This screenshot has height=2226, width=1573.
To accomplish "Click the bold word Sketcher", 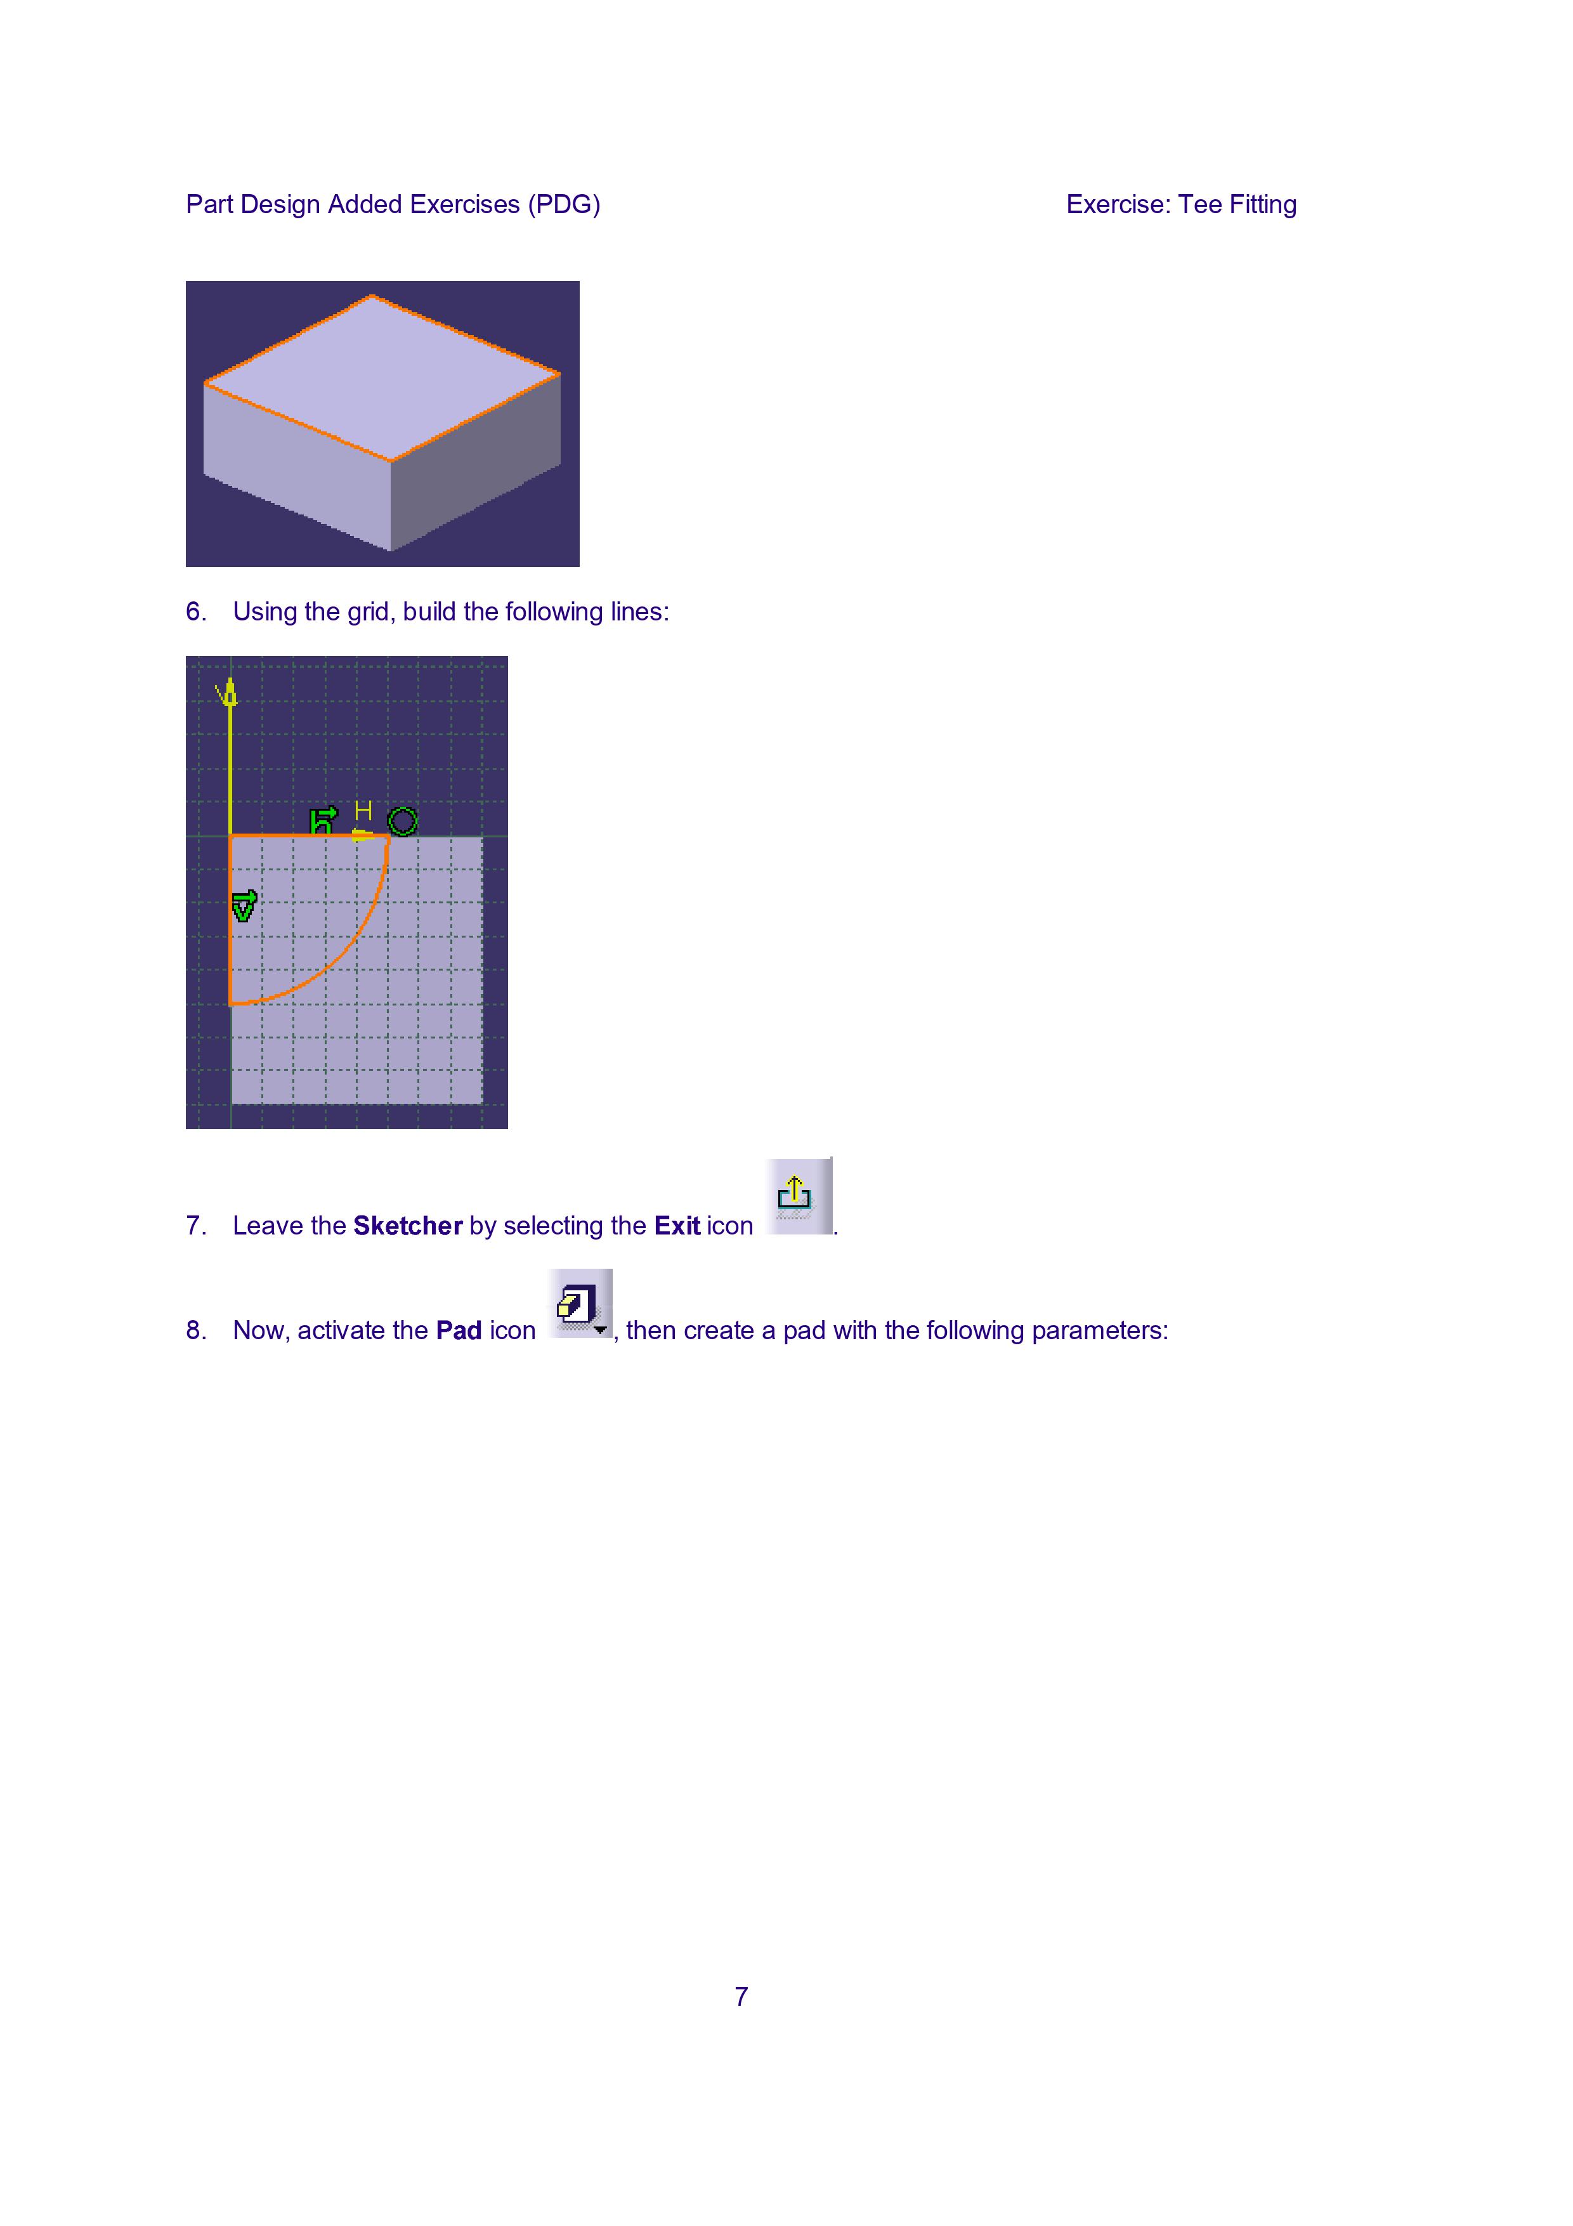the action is point(408,1226).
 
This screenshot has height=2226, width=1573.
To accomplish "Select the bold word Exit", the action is point(677,1226).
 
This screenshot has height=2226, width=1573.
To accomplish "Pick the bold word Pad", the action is point(459,1330).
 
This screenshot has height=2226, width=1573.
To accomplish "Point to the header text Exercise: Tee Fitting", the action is point(1182,204).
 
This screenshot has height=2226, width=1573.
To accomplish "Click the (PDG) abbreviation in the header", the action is point(564,204).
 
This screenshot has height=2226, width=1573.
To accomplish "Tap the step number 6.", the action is point(196,612).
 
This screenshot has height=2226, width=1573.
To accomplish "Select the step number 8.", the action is point(196,1330).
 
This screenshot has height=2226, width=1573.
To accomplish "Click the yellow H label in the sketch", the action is point(363,811).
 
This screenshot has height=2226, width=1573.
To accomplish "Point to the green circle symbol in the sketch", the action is point(402,821).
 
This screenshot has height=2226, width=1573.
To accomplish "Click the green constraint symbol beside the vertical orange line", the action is point(244,905).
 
